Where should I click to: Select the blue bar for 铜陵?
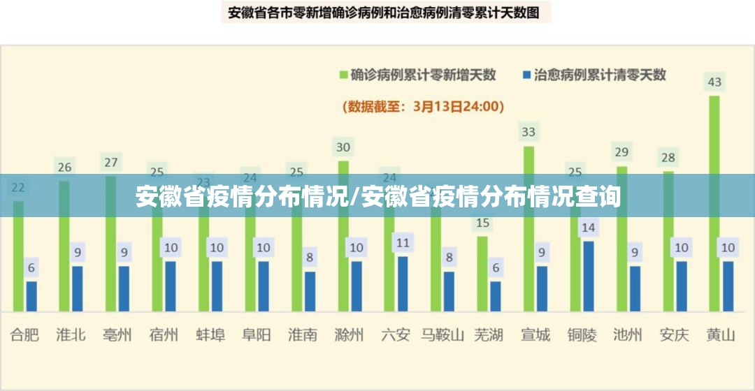tap(589, 276)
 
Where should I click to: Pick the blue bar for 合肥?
tap(31, 296)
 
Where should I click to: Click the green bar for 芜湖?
tap(482, 274)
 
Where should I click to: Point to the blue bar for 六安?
tap(403, 283)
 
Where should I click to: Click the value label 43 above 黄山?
tap(714, 82)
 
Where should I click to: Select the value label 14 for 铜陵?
tap(589, 227)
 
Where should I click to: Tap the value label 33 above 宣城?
tap(528, 131)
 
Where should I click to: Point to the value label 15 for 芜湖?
tap(482, 223)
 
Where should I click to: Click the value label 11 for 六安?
tap(403, 243)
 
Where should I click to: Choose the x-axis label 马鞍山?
tap(442, 335)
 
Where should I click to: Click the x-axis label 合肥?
tap(24, 335)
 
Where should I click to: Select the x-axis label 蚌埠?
tap(210, 335)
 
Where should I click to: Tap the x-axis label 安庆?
tap(674, 335)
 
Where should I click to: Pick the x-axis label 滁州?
tap(350, 335)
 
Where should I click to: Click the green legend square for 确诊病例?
tap(343, 74)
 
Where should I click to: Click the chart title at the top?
tap(384, 12)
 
